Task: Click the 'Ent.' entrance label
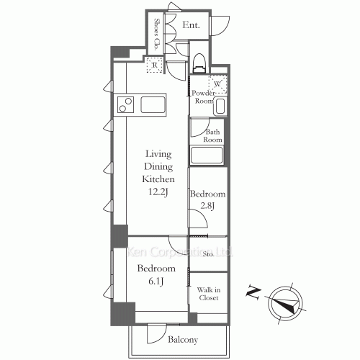click(191, 25)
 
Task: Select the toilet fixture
click(200, 58)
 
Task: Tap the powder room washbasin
click(220, 107)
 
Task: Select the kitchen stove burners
click(125, 104)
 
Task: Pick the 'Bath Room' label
click(213, 135)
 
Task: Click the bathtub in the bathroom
click(207, 156)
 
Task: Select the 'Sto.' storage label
click(207, 254)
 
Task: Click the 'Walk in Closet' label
click(209, 294)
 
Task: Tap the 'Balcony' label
click(184, 339)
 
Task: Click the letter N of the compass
click(253, 292)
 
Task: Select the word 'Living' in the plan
click(158, 153)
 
